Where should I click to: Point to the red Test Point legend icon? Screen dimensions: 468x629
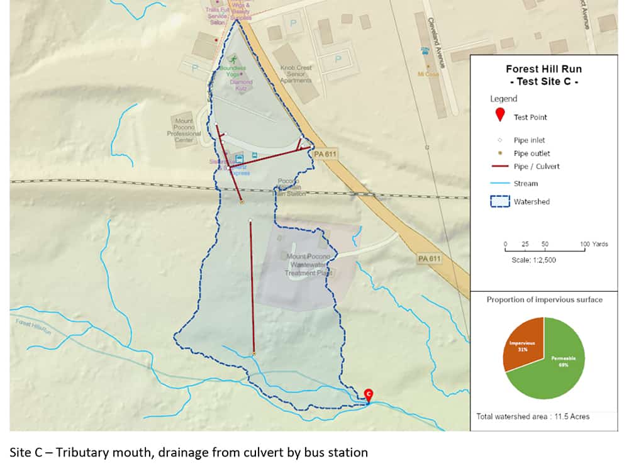click(500, 116)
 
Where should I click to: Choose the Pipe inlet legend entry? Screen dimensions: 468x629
click(529, 140)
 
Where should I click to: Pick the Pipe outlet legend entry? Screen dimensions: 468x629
click(532, 153)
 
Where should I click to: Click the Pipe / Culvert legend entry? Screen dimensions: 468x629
click(536, 167)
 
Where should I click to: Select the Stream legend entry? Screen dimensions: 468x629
click(525, 184)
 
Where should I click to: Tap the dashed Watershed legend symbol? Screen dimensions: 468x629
click(500, 202)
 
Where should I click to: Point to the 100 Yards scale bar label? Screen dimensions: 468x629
click(594, 244)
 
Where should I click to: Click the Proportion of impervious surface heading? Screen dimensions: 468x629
click(544, 299)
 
